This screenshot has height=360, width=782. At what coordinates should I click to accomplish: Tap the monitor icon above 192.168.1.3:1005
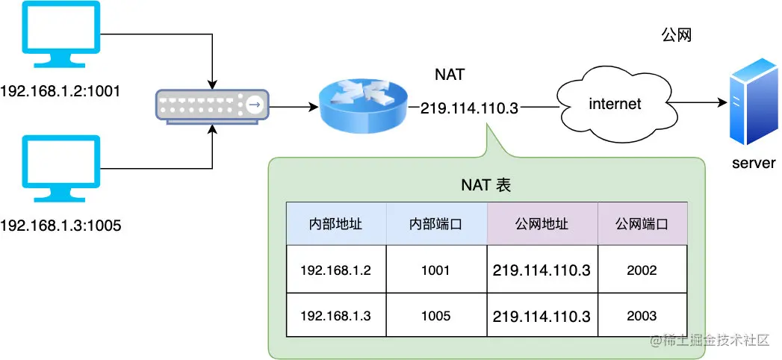tap(61, 169)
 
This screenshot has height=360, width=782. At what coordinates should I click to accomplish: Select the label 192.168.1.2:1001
tap(60, 91)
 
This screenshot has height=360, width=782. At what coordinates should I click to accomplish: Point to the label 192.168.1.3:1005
tap(60, 226)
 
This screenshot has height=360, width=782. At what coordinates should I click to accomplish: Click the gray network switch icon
tap(212, 106)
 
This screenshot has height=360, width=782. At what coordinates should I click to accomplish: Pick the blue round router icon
tap(362, 106)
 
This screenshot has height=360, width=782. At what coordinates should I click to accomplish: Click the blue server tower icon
tap(754, 102)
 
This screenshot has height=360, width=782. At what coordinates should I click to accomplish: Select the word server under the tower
tap(754, 163)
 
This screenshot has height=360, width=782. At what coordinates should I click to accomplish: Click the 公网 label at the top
tap(676, 35)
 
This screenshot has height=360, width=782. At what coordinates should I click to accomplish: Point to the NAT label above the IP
tap(450, 75)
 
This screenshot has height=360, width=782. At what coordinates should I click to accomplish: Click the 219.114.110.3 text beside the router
tap(469, 108)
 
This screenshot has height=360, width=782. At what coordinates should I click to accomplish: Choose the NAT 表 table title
tap(486, 185)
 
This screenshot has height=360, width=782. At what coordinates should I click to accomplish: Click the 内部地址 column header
tap(335, 224)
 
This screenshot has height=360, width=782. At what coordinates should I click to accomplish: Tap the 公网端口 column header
tap(642, 224)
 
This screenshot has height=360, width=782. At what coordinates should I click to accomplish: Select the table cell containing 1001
tap(435, 270)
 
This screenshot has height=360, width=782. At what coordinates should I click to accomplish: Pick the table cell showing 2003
tap(642, 315)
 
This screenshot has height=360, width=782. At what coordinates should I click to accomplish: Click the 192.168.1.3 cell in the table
tap(335, 315)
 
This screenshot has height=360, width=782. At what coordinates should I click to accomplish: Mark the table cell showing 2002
tap(642, 270)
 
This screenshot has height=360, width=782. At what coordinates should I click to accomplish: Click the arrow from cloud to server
tap(697, 104)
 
